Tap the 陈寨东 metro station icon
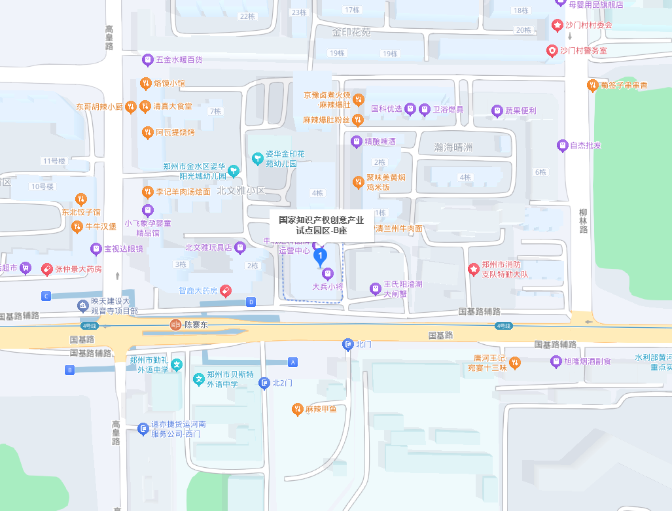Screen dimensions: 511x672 click(175, 325)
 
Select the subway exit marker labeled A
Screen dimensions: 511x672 click(293, 362)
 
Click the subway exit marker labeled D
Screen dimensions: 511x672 click(251, 302)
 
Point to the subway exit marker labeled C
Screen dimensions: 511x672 click(46, 296)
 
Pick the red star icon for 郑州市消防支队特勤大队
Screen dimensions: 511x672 click(474, 269)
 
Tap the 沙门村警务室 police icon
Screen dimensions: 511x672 click(552, 50)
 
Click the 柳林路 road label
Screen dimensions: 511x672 click(583, 221)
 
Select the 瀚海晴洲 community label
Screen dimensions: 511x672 click(453, 147)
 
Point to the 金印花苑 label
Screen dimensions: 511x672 click(351, 32)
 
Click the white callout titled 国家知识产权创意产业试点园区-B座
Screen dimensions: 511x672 click(321, 225)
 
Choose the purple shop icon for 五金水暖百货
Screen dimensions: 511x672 click(148, 60)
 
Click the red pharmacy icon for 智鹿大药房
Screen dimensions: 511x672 click(225, 290)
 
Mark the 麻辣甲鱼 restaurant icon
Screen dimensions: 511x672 click(297, 409)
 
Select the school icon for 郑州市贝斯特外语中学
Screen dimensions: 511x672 click(198, 379)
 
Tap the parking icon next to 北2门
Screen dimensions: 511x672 click(264, 383)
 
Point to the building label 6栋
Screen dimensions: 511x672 click(540, 172)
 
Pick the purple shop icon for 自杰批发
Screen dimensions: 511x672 click(562, 145)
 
